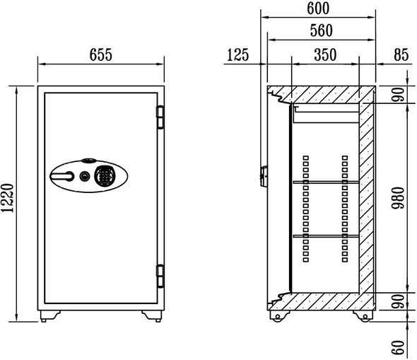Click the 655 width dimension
(x=101, y=54)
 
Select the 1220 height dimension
(x=7, y=198)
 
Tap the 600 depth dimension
(x=318, y=8)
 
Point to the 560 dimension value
(x=322, y=30)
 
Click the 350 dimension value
(x=325, y=54)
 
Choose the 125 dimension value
(x=237, y=54)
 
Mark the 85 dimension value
(x=401, y=54)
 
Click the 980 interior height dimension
(x=399, y=198)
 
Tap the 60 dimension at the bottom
(x=399, y=347)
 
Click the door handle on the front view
(x=62, y=176)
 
